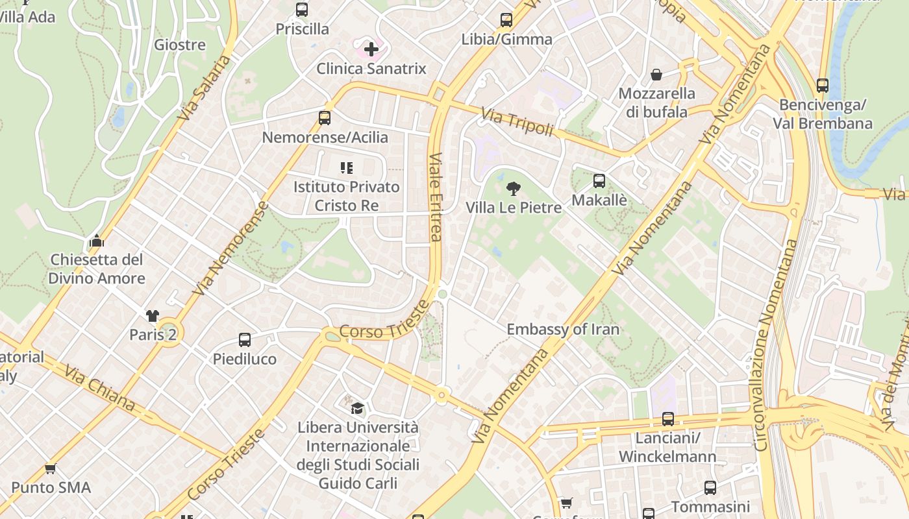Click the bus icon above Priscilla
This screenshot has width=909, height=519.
[x=302, y=10]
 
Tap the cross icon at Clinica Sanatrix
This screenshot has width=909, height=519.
[x=371, y=49]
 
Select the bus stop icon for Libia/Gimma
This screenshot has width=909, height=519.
[x=506, y=20]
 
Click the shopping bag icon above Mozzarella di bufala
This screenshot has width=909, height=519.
[x=656, y=74]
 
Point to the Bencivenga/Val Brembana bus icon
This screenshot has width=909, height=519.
[x=823, y=85]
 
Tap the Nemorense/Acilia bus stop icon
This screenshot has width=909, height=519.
[x=325, y=118]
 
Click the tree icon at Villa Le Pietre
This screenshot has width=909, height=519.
[x=514, y=189]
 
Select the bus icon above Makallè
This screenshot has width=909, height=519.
[x=599, y=181]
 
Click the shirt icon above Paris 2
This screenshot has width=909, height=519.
[x=153, y=316]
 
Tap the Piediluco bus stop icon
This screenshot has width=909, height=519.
[x=245, y=340]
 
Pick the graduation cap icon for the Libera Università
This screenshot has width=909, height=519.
[x=357, y=408]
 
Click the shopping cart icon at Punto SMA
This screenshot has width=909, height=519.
[x=51, y=468]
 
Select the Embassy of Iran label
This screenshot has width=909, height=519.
[x=563, y=329]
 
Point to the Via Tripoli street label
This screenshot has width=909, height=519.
[x=517, y=123]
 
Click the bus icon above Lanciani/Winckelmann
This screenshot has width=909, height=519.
[x=667, y=419]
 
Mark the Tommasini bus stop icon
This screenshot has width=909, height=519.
[x=710, y=488]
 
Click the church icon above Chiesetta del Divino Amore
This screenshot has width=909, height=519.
[x=97, y=241]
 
